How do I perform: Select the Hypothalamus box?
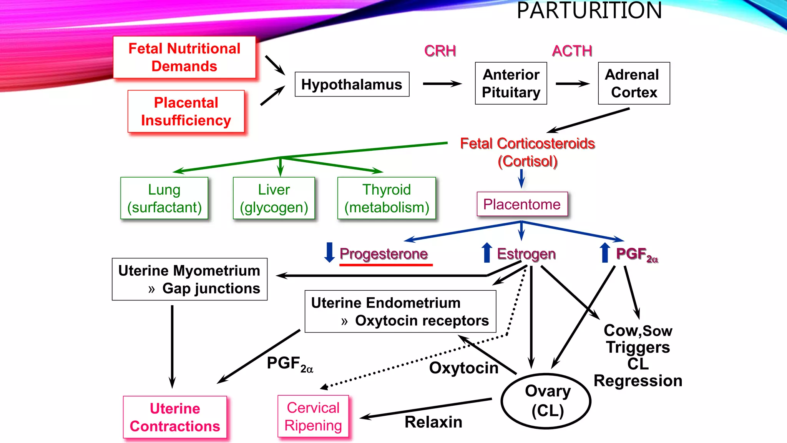(352, 84)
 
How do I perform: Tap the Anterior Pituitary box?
(511, 83)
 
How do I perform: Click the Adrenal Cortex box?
(634, 83)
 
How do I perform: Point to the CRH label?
(440, 51)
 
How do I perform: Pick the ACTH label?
(572, 51)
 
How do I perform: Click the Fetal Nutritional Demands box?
(184, 57)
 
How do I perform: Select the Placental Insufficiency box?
(186, 112)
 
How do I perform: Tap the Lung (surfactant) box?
(164, 198)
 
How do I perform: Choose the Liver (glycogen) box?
(274, 198)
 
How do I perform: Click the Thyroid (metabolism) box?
(387, 198)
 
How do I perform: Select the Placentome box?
(522, 204)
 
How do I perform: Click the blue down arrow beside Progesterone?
(329, 253)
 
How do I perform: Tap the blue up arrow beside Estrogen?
(487, 253)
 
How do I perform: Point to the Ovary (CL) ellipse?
(546, 401)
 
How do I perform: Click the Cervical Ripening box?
(313, 416)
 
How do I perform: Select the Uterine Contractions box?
(175, 417)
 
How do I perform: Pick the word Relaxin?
(433, 422)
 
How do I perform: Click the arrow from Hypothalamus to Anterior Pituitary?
(442, 84)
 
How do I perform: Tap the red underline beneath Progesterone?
(386, 265)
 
